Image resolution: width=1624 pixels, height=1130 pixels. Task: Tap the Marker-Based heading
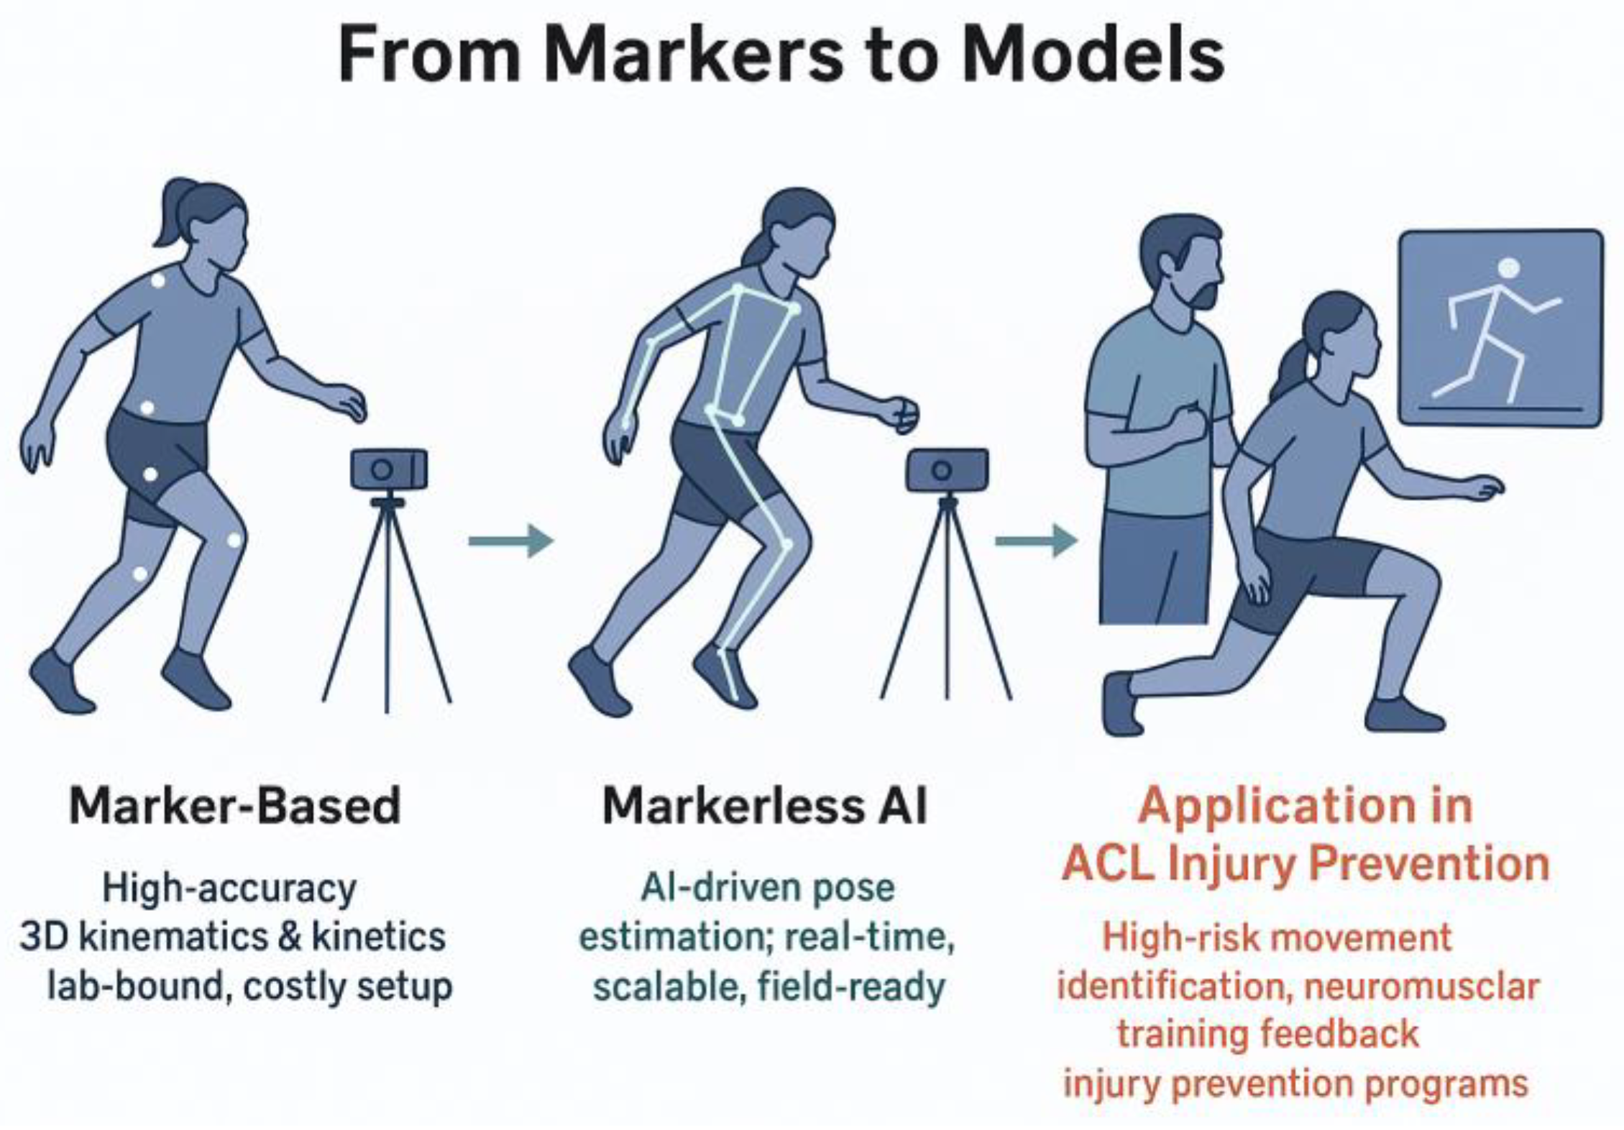235,806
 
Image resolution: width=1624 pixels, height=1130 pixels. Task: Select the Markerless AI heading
765,806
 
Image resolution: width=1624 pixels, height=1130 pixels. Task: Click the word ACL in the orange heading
1108,863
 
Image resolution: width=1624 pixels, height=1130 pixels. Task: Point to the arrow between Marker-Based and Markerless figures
510,540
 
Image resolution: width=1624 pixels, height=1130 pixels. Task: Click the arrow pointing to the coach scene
1036,540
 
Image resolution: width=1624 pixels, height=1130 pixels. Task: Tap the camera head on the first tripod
389,469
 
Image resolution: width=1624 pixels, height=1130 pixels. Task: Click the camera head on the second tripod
946,470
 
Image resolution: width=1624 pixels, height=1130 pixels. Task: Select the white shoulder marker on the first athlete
157,281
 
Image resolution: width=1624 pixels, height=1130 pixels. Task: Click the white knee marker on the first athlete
234,540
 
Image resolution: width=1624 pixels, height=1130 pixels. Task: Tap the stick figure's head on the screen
1509,269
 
